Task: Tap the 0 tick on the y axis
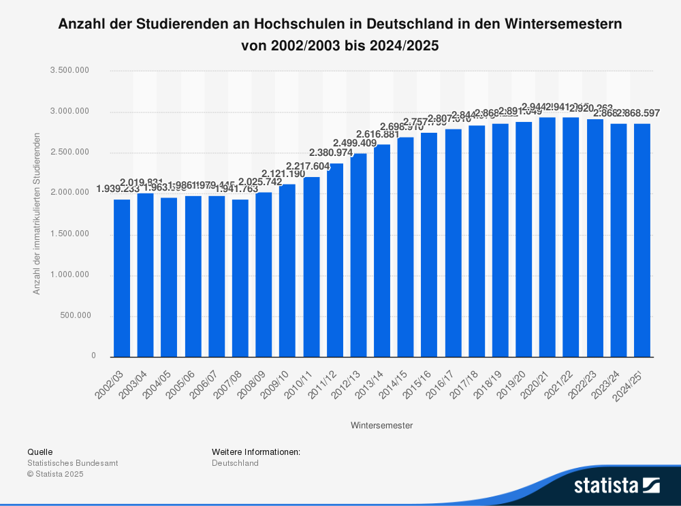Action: [x=93, y=356]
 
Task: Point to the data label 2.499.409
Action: [x=359, y=143]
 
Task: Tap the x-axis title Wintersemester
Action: [x=381, y=426]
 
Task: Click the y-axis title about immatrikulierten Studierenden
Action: [x=37, y=214]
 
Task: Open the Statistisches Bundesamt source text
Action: [x=72, y=463]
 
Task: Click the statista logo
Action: [x=616, y=486]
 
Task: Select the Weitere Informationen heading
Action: [x=255, y=452]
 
